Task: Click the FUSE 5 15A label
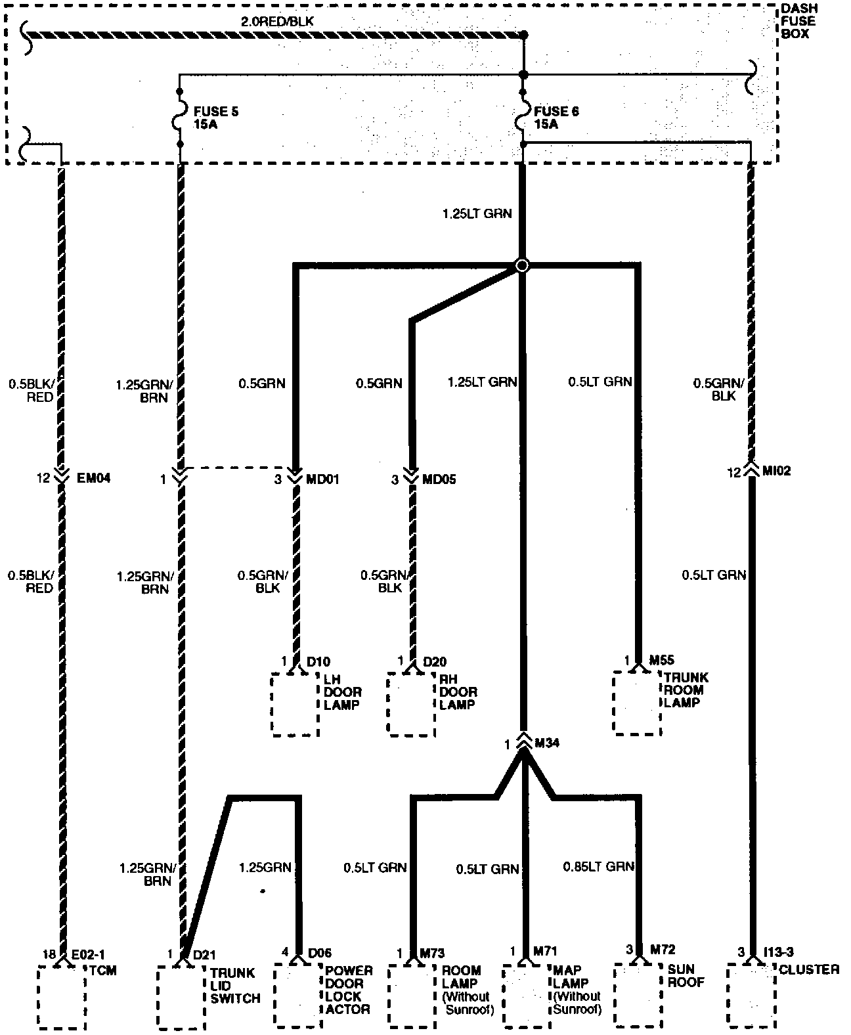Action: [x=215, y=118]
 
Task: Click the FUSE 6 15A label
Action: [x=556, y=118]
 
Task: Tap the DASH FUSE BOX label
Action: [x=799, y=21]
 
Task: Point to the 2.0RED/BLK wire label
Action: [x=277, y=22]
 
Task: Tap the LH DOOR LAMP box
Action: [x=295, y=703]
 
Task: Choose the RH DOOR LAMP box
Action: [x=411, y=703]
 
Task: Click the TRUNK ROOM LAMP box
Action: [x=636, y=703]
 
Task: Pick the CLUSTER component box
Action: [x=751, y=997]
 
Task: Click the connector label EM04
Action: [x=93, y=479]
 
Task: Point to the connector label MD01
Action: [x=322, y=479]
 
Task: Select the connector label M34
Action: [x=547, y=743]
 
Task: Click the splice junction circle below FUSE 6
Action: [x=521, y=265]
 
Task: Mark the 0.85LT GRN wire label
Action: [x=598, y=867]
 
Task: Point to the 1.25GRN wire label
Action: [x=265, y=868]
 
